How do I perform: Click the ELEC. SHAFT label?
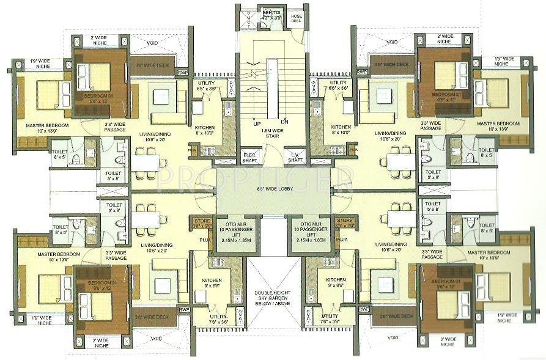pos(248,156)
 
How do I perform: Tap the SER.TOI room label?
pos(271,15)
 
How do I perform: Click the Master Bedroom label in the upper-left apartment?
pos(47,127)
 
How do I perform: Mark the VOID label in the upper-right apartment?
pos(391,42)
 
